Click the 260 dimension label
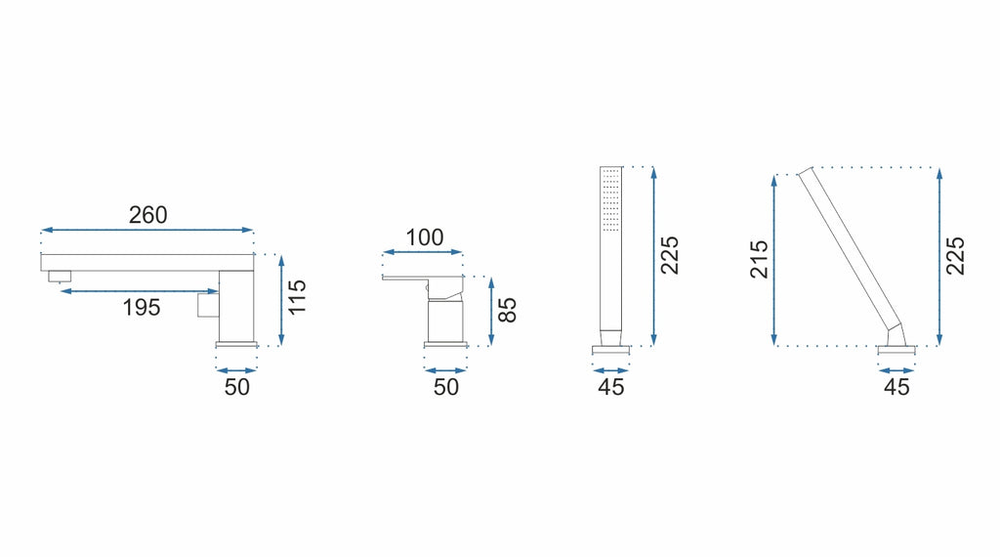148,215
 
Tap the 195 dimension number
142,308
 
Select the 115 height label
297,297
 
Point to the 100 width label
425,237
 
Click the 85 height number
507,311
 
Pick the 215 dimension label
759,259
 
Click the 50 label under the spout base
236,387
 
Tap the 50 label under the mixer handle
445,387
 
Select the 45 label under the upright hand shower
611,387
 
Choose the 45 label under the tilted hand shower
896,387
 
